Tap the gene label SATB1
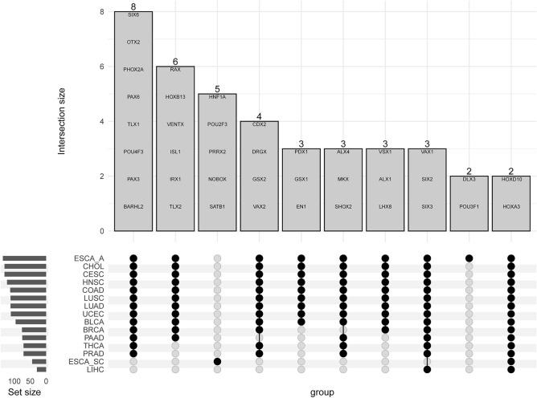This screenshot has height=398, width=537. click(217, 205)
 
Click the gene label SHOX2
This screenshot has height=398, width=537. click(343, 205)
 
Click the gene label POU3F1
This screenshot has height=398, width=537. click(469, 205)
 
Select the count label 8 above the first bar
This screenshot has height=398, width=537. click(133, 6)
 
